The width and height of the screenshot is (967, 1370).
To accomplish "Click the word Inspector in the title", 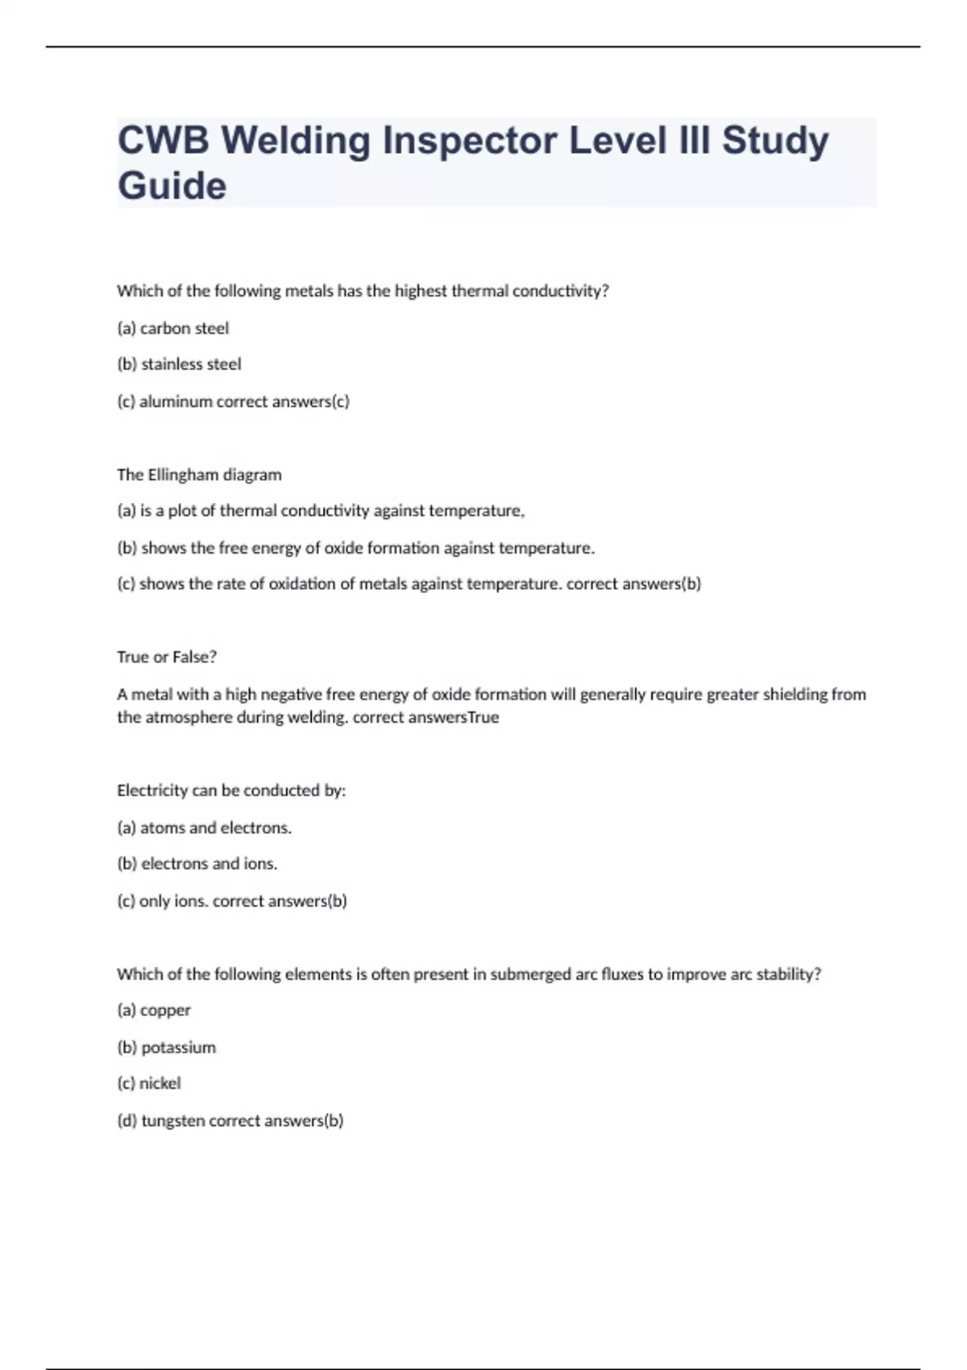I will (470, 141).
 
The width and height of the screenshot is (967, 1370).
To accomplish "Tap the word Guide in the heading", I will (172, 186).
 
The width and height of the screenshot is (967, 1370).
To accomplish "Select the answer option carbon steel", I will (184, 328).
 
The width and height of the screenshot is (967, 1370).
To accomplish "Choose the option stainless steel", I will (191, 364).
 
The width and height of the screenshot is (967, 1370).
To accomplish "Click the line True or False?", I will (167, 657).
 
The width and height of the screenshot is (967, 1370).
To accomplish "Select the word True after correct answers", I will (483, 717).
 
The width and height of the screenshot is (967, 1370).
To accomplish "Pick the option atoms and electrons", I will (215, 828).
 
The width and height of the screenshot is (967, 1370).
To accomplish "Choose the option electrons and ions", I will (209, 864).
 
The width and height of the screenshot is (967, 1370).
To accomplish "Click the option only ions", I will (173, 901).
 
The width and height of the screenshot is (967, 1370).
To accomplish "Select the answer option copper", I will (165, 1010).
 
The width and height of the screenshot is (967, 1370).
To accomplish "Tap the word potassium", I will (178, 1048).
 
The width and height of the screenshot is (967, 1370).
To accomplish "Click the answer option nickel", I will (160, 1083).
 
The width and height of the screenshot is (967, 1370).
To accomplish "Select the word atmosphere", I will (189, 717).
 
